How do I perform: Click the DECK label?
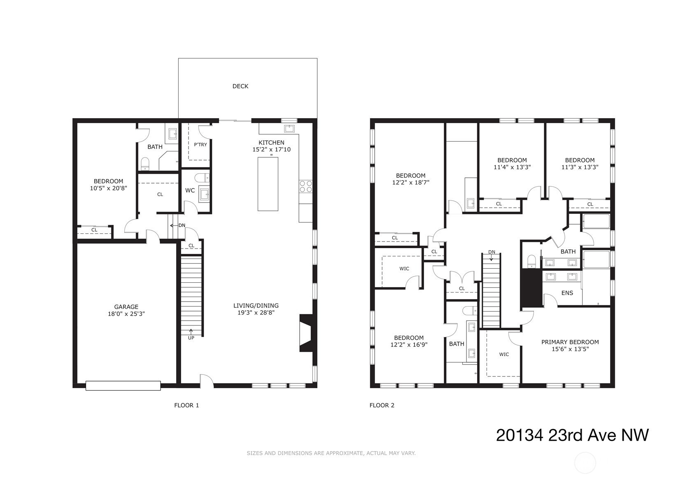[240, 86]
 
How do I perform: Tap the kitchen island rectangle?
[268, 184]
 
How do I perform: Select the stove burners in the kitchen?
[306, 186]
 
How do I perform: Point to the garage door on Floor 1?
[123, 386]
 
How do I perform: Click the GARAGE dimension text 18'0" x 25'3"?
[126, 314]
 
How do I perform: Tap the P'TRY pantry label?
[200, 144]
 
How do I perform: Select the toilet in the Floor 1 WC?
[202, 177]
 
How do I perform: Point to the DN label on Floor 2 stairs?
[492, 252]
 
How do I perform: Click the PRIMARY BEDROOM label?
[570, 342]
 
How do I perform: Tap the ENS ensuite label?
[567, 293]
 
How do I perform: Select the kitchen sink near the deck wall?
[290, 128]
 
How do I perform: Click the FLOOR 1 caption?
[186, 405]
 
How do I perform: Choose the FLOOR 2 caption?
[382, 405]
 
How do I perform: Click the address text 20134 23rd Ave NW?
[572, 435]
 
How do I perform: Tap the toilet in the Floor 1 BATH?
[145, 163]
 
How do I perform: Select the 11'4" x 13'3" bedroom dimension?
[512, 167]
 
